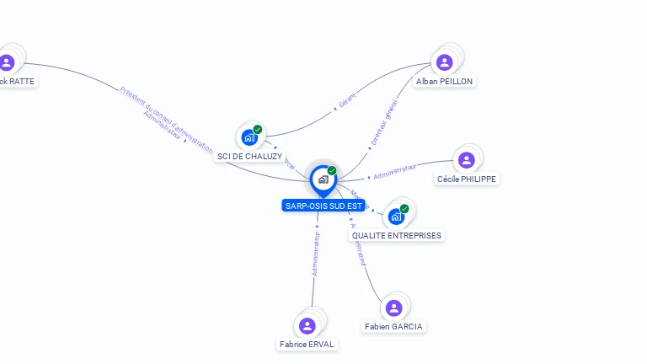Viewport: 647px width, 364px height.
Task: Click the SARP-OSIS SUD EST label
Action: (x=323, y=206)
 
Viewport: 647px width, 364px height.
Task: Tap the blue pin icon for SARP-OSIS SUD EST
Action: (x=323, y=179)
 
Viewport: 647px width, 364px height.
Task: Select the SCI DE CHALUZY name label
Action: (x=249, y=157)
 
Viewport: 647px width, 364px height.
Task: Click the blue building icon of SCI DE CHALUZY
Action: (x=249, y=137)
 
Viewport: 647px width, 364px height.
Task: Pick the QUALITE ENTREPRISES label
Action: (x=396, y=236)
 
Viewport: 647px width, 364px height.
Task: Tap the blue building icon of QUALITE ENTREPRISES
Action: (x=396, y=217)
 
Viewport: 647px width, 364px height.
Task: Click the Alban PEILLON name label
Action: (x=445, y=82)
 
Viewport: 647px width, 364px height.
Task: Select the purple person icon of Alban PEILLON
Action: (x=445, y=62)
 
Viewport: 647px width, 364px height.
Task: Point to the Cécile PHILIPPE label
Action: (x=467, y=179)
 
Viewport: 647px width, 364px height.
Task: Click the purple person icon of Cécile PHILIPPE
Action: (x=467, y=160)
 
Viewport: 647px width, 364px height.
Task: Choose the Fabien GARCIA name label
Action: (x=394, y=327)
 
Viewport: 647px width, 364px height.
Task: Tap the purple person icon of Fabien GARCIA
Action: (x=393, y=308)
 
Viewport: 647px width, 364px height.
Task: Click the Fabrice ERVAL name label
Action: (x=307, y=345)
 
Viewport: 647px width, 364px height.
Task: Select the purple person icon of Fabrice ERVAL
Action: (x=307, y=325)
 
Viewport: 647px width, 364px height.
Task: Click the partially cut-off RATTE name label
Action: (x=17, y=82)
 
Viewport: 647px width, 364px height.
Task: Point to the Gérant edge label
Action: (x=347, y=100)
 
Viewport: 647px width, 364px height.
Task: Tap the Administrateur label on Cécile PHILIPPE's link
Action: (x=395, y=172)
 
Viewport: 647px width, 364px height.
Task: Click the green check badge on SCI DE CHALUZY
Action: (x=258, y=130)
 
